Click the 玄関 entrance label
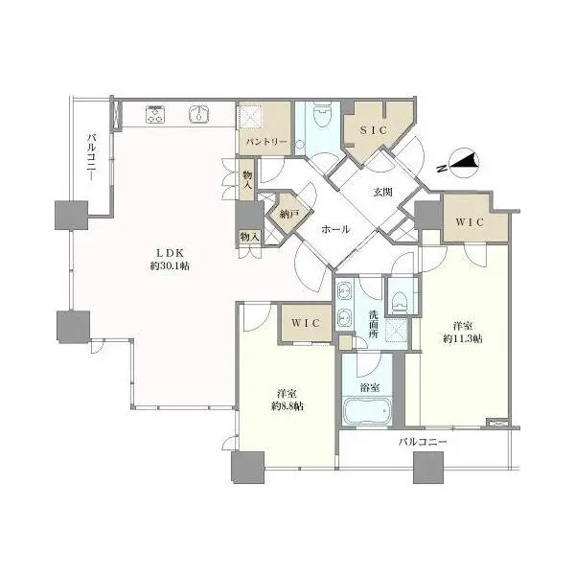click(x=382, y=191)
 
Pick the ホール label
click(x=334, y=230)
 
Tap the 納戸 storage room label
click(x=285, y=217)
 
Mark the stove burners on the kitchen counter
click(x=157, y=115)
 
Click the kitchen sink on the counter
click(x=199, y=115)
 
